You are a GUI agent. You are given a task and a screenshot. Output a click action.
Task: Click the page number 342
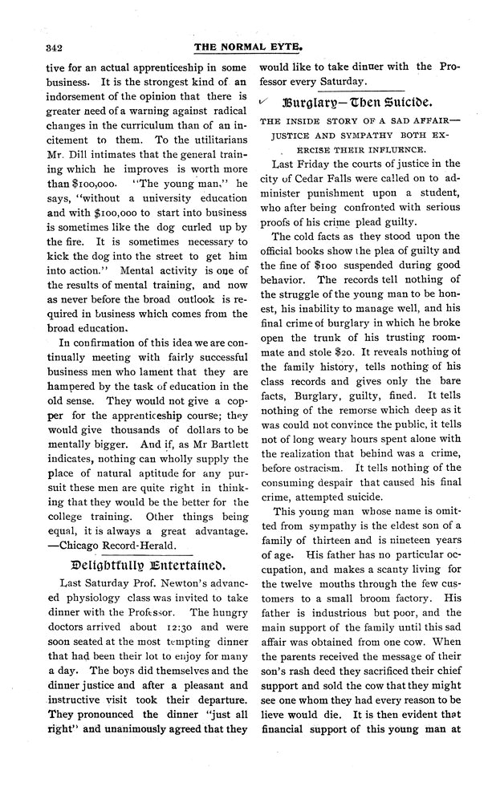click(x=37, y=44)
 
